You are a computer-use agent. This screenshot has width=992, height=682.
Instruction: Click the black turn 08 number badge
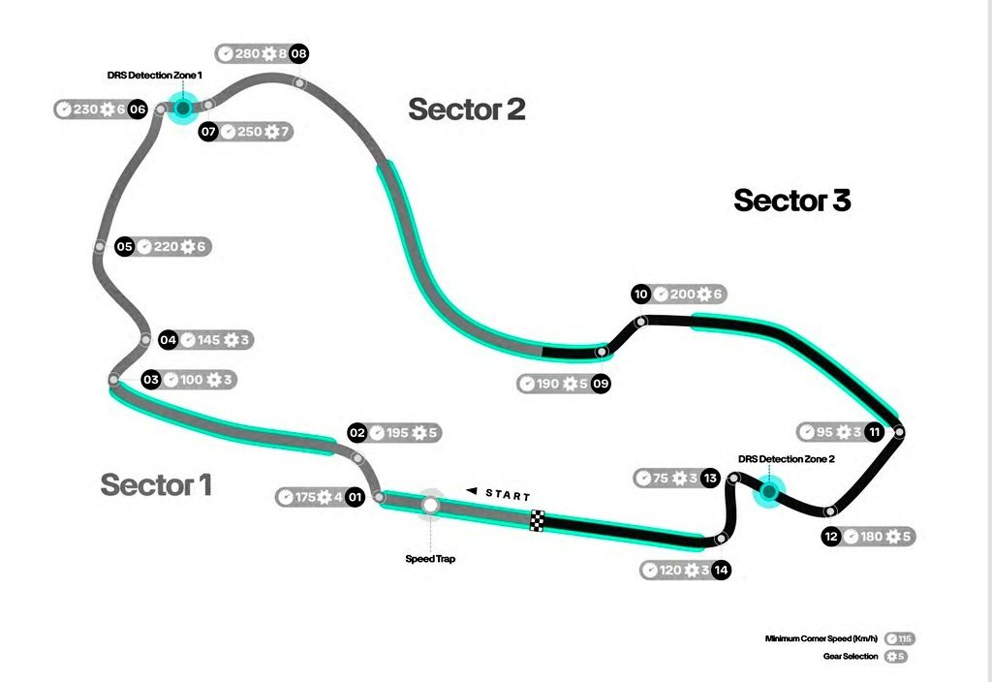point(298,54)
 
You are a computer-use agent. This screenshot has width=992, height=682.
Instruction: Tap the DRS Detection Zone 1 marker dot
point(181,108)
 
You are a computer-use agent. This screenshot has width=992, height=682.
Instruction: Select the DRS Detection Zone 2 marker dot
point(768,492)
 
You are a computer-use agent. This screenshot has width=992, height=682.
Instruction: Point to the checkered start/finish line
point(538,520)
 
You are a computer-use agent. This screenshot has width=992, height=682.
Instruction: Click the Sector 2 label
point(467,108)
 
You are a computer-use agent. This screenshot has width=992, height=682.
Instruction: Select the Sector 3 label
point(791,200)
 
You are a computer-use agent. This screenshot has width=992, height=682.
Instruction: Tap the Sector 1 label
point(156,483)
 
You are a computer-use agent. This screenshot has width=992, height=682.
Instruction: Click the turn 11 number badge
point(875,432)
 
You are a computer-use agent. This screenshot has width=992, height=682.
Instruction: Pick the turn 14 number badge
point(721,570)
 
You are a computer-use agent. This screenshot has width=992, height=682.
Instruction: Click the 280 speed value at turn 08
point(248,54)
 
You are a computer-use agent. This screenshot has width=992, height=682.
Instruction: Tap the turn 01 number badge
point(355,497)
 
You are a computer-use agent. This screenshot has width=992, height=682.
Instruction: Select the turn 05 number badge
point(124,247)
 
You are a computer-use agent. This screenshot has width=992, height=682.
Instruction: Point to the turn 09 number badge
point(602,384)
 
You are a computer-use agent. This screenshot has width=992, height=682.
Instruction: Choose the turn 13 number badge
point(711,478)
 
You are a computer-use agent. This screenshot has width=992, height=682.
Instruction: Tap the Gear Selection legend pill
point(897,656)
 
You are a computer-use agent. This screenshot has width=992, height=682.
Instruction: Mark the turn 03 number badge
point(150,380)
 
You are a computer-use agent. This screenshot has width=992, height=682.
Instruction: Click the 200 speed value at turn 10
point(683,294)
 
